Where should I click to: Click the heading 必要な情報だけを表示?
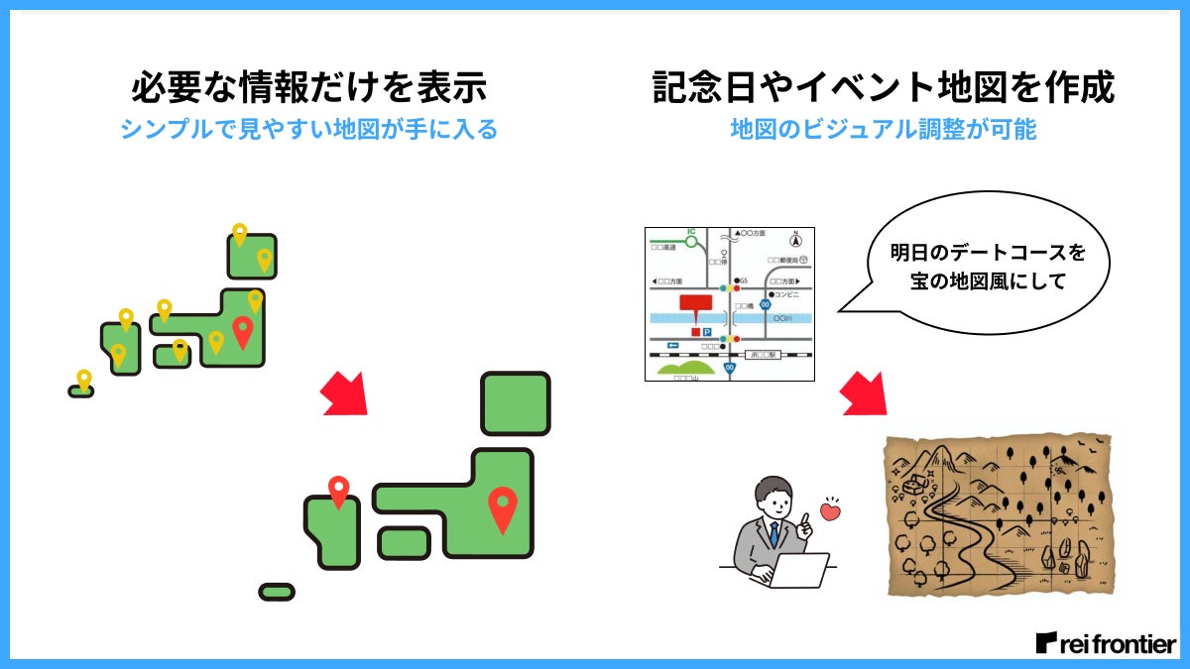[x=308, y=87]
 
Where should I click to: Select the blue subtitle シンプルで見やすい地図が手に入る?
[x=308, y=130]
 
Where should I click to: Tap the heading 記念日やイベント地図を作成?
[x=884, y=87]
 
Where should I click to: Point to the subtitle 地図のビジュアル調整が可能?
[x=884, y=130]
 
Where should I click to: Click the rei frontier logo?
[x=1106, y=642]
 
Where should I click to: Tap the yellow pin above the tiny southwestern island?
[x=84, y=379]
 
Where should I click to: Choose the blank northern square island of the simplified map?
[x=515, y=403]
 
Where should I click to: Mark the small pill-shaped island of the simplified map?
[x=277, y=592]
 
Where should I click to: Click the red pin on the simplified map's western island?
[x=339, y=491]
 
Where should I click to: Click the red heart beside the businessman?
[x=830, y=511]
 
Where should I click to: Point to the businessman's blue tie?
[x=774, y=535]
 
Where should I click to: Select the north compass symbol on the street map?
[x=795, y=239]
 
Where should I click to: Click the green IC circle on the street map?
[x=692, y=241]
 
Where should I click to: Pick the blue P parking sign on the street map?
[x=707, y=332]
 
